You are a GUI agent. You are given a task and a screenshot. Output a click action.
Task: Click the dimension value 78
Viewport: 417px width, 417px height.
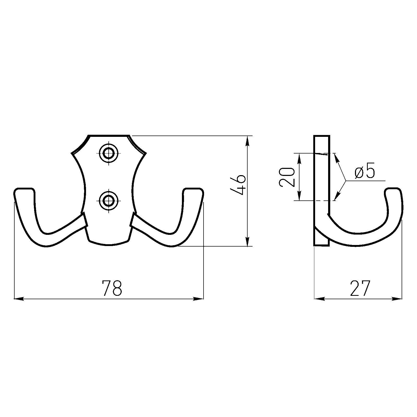pos(112,288)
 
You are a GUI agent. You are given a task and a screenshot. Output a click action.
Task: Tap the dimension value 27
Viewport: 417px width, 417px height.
pos(360,288)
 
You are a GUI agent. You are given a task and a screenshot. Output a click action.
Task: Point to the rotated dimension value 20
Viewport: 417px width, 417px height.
pos(287,177)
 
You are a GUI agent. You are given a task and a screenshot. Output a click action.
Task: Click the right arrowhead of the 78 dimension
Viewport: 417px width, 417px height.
pos(199,299)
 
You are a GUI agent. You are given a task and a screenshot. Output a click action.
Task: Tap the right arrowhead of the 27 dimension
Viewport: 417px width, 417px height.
pos(398,299)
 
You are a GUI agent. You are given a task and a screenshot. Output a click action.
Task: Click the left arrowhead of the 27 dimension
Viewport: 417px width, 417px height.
pos(319,299)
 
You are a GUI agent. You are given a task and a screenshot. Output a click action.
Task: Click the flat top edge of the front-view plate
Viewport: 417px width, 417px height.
pos(109,136)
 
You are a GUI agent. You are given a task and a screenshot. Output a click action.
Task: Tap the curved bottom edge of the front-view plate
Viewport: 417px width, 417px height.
pos(109,244)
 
